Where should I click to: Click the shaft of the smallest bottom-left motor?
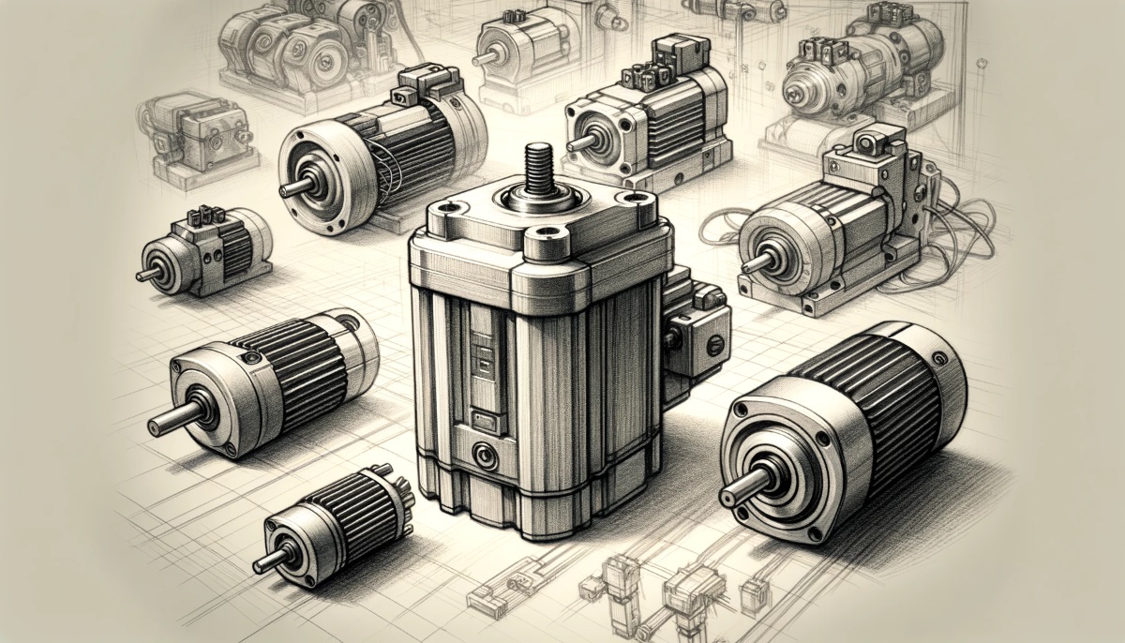(267, 561)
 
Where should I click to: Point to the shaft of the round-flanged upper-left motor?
(294, 187)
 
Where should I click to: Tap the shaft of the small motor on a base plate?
(147, 275)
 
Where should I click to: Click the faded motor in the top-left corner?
(281, 42)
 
